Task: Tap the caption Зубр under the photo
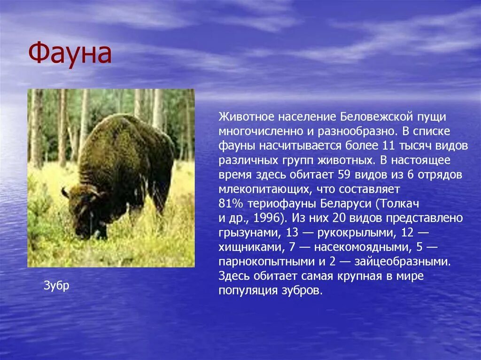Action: click(x=56, y=285)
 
